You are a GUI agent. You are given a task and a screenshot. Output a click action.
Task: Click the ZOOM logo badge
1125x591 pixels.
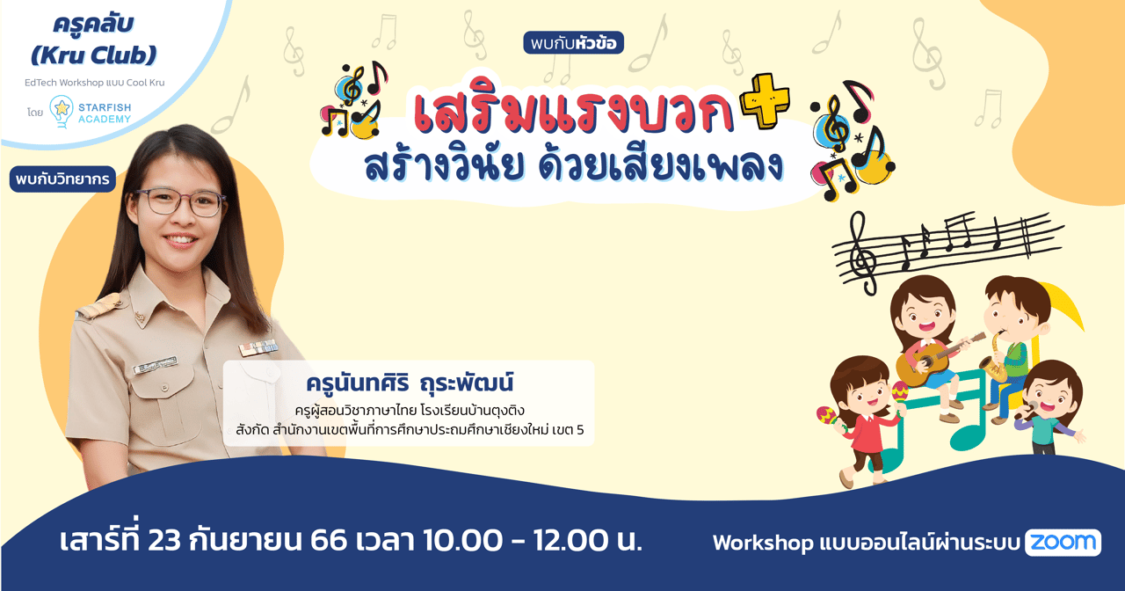[1063, 543]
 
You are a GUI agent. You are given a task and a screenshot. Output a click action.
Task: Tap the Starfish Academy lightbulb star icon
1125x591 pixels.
[62, 110]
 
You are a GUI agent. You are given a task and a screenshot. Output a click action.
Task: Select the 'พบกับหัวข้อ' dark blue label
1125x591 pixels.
[573, 42]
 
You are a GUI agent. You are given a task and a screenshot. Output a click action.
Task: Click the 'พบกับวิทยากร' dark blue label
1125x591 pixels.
[63, 179]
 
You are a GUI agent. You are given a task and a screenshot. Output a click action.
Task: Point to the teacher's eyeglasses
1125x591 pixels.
[179, 202]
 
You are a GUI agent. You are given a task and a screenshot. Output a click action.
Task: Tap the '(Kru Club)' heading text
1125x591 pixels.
[93, 55]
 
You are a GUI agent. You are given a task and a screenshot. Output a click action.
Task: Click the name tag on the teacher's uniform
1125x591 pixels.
[155, 363]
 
